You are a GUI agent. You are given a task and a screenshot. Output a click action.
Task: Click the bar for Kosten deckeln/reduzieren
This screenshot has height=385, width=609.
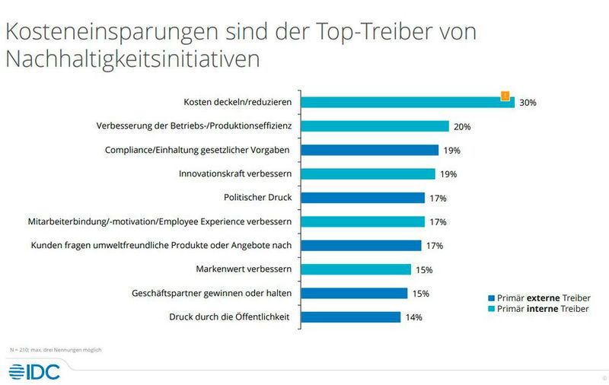409,103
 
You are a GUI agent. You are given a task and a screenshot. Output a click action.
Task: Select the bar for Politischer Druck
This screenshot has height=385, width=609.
364,198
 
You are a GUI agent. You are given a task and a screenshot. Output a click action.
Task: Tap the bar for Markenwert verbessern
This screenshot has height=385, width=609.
357,269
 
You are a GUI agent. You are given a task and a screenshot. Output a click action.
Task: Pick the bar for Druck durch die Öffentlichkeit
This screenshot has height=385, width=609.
352,317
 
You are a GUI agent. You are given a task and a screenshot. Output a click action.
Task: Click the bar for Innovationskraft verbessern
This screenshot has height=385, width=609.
369,174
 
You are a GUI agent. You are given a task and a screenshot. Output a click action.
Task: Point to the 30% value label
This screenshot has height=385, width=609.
528,103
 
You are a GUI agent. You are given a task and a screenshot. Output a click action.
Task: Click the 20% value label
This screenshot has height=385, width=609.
462,126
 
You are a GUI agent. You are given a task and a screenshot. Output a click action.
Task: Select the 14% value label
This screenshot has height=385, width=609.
413,317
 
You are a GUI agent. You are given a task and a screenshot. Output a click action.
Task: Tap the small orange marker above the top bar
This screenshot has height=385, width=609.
504,95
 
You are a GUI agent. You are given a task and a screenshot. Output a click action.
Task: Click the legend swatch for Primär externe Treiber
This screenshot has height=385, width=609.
490,297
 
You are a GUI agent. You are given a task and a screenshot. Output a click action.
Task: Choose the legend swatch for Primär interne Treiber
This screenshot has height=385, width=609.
490,310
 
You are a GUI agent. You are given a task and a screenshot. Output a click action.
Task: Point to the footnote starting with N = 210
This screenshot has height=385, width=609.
54,349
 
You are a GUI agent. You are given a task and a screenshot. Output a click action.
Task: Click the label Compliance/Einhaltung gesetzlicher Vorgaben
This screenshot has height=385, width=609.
201,150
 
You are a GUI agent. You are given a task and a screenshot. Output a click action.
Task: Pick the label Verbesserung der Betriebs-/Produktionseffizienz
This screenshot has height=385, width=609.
196,126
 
